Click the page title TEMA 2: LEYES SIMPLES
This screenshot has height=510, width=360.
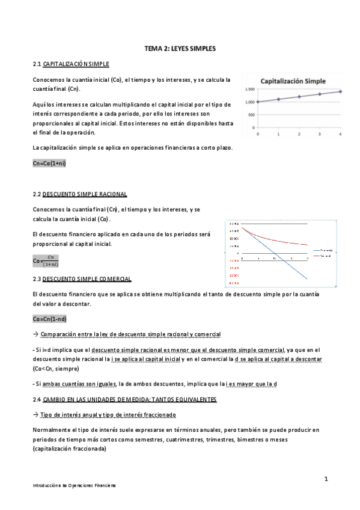click(x=180, y=47)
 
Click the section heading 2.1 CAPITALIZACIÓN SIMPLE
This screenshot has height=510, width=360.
click(x=71, y=64)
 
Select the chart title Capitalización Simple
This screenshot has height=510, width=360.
click(x=293, y=81)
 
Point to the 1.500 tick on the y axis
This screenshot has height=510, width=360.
click(x=250, y=90)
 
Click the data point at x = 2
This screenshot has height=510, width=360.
click(x=299, y=96)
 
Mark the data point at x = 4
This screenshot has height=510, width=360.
click(x=340, y=91)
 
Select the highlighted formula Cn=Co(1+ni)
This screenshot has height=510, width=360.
click(x=50, y=164)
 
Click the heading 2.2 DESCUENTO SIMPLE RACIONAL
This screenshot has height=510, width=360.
click(x=79, y=195)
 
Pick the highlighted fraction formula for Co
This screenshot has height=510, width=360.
click(x=46, y=261)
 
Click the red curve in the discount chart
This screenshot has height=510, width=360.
click(x=270, y=237)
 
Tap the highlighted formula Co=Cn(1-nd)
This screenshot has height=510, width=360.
click(x=50, y=319)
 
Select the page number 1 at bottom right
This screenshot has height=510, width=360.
click(x=325, y=479)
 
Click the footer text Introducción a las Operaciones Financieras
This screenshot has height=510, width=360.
click(x=75, y=485)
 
